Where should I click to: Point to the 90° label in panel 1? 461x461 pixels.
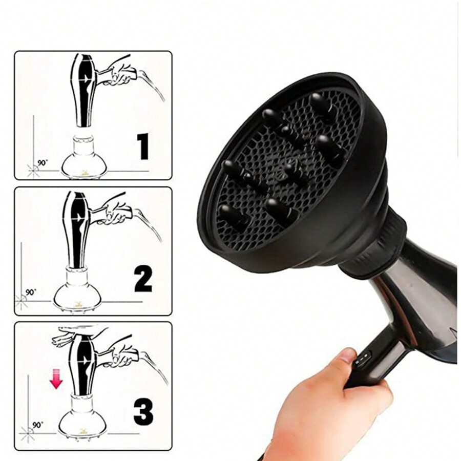[43, 162]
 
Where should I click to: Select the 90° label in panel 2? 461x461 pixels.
[31, 292]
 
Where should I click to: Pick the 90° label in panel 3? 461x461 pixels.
[37, 425]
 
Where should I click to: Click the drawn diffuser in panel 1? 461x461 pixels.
[83, 156]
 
